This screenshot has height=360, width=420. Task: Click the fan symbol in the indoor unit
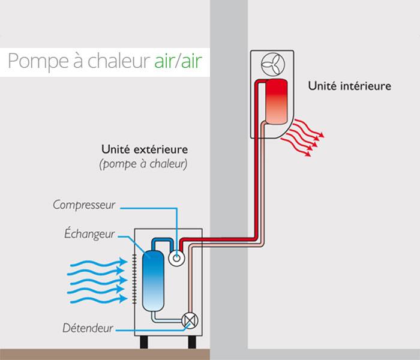[273, 65]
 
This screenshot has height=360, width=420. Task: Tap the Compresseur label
[84, 205]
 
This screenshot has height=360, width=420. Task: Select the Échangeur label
[89, 234]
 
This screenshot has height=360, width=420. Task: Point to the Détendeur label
[88, 328]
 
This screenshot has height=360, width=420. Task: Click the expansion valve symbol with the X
[190, 320]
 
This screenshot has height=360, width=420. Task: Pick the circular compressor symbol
[176, 258]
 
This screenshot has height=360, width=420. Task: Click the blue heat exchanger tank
[153, 281]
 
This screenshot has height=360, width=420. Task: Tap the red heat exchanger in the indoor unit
[277, 102]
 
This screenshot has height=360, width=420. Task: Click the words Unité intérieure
[349, 86]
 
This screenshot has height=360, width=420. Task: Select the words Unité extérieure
[145, 149]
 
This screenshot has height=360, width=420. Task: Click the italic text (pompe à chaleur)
[143, 164]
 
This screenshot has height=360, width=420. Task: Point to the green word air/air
[178, 61]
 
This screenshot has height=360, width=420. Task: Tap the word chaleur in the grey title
[118, 61]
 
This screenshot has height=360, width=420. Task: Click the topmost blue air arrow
[99, 263]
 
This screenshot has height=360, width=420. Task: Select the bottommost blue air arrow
[98, 300]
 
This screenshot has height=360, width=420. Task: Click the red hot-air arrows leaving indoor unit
[302, 137]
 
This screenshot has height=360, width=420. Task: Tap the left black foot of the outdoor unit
[144, 342]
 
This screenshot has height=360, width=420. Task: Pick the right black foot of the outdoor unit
[192, 342]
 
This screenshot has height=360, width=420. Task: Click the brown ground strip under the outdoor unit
[105, 355]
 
